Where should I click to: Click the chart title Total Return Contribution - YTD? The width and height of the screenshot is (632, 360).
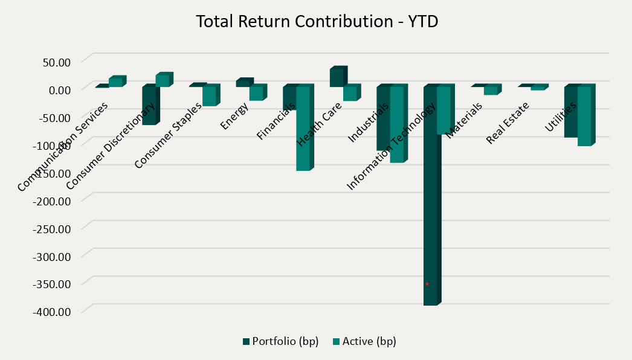(317, 22)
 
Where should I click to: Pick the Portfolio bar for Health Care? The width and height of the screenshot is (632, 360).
(337, 78)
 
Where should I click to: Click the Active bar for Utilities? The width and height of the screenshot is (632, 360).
(584, 116)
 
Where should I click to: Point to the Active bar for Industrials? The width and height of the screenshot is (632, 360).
(396, 124)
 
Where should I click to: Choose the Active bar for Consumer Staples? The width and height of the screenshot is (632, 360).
(209, 96)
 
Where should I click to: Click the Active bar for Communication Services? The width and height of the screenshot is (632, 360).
(115, 83)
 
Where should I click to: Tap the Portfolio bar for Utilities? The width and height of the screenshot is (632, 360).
(571, 112)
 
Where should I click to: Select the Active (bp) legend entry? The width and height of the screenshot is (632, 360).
(364, 341)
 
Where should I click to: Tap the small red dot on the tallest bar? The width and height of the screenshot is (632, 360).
(427, 284)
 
